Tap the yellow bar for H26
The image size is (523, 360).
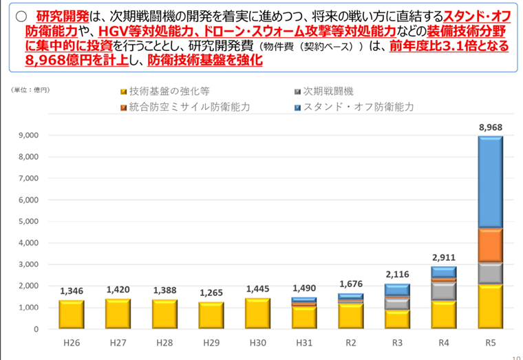click(72, 315)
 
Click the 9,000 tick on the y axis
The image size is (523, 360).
click(28, 136)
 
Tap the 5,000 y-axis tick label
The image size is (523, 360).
click(28, 222)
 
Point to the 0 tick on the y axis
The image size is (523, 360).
click(35, 329)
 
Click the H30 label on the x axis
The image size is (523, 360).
click(258, 342)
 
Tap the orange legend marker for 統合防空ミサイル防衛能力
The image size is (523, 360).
click(122, 107)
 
